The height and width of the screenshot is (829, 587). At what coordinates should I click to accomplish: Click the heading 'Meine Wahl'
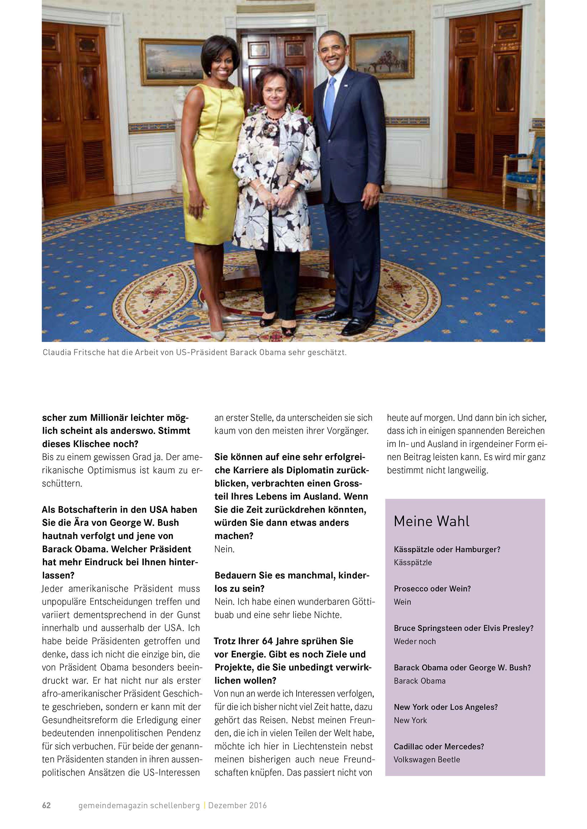click(x=432, y=522)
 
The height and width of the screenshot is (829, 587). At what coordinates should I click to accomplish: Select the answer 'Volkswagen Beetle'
click(x=426, y=760)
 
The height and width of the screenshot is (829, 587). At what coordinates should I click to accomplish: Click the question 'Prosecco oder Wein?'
click(x=432, y=588)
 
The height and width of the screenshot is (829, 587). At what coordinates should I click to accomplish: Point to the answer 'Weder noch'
click(x=415, y=641)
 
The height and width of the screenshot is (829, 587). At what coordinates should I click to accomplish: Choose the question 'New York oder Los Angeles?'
click(x=446, y=707)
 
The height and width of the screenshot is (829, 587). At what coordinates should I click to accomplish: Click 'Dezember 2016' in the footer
click(x=238, y=805)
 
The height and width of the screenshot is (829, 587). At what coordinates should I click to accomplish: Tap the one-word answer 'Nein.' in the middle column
click(x=224, y=549)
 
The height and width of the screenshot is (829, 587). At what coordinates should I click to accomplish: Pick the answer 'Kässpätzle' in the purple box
click(x=413, y=562)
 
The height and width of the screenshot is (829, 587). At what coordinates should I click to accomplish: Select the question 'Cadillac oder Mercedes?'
click(x=438, y=746)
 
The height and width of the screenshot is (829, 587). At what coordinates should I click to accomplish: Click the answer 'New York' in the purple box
click(x=410, y=720)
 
